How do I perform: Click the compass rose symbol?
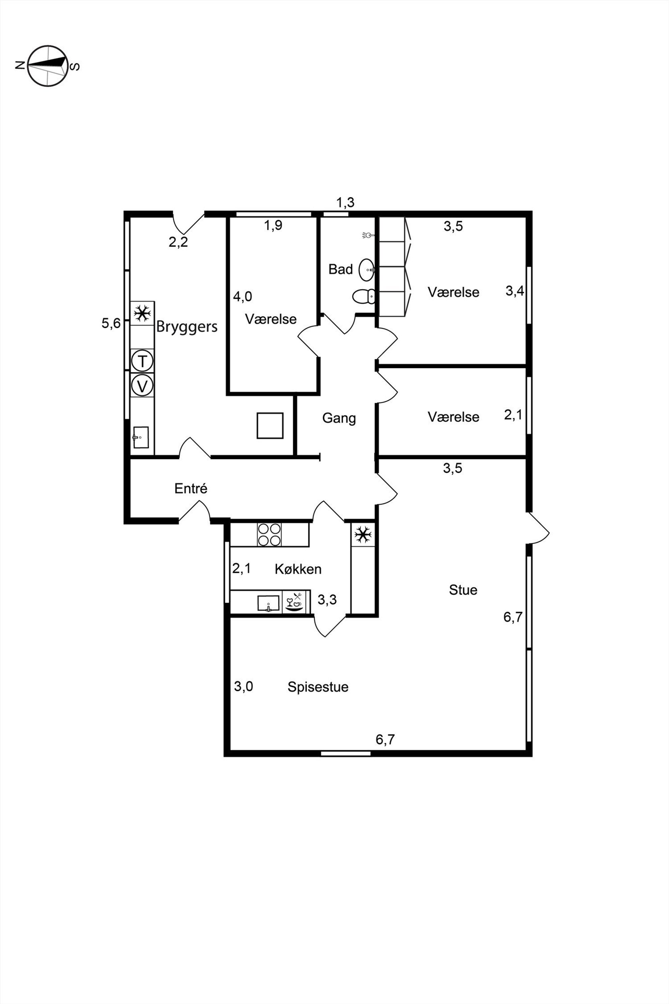click(48, 65)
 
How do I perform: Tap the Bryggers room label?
click(187, 327)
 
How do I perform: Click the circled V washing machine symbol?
click(142, 386)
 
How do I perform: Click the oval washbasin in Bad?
click(367, 270)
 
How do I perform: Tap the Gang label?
click(339, 418)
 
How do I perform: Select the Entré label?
click(191, 489)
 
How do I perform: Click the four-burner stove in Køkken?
click(269, 534)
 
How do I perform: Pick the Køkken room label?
click(298, 569)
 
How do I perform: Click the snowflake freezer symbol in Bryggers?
click(142, 314)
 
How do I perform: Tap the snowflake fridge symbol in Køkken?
click(363, 535)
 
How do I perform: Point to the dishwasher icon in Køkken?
click(296, 602)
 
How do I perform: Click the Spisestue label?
click(318, 687)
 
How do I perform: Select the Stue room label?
click(463, 590)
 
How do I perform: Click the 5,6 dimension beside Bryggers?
click(111, 324)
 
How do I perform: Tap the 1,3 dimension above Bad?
click(345, 202)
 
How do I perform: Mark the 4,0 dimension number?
click(242, 296)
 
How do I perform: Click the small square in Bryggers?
click(270, 426)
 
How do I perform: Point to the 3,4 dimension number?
click(515, 291)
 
